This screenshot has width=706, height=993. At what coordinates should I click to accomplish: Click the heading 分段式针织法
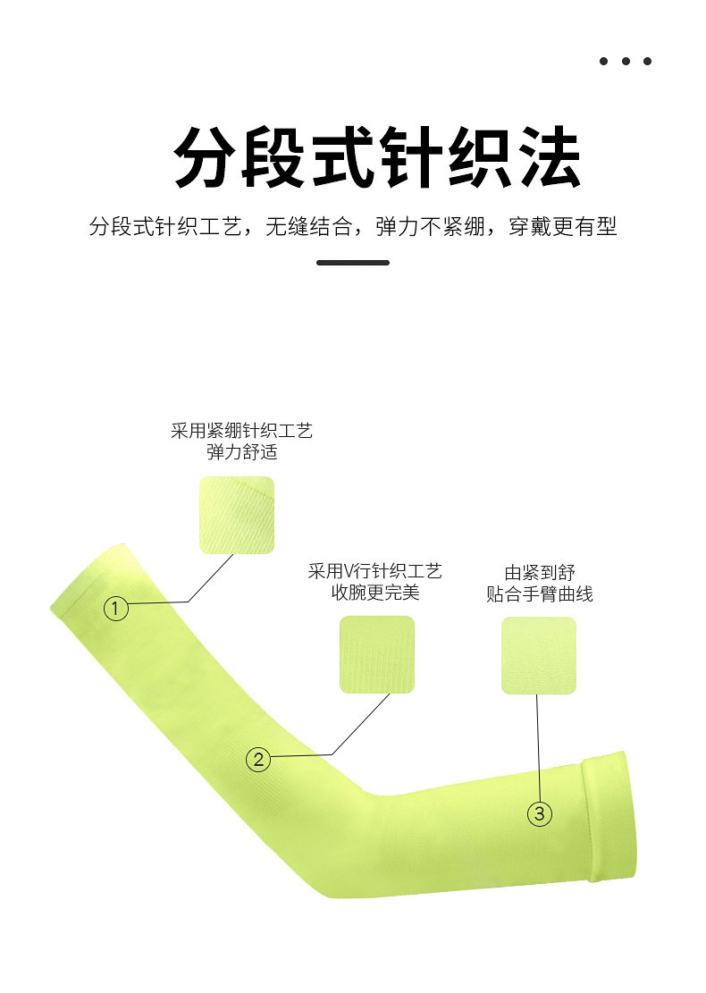376,157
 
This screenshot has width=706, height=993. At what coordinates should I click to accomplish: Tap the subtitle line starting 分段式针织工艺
353,226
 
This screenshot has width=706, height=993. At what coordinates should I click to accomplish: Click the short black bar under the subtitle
353,263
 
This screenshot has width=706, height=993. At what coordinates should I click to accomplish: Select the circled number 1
116,609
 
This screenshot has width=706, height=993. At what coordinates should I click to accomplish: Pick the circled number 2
258,760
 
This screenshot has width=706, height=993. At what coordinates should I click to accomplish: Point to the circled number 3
539,813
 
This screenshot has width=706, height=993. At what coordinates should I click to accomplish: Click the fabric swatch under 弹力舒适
236,515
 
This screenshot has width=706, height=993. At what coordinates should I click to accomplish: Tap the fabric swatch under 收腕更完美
376,654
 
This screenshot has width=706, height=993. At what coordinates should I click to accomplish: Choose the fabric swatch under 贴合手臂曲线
538,655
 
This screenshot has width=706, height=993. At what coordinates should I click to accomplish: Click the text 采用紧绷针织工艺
241,431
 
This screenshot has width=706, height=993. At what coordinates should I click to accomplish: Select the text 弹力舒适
241,452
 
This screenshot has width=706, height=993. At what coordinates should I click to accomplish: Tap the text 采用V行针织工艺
375,571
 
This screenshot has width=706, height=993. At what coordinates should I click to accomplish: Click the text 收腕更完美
375,593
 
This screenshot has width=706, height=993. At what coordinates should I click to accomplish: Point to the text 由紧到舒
539,572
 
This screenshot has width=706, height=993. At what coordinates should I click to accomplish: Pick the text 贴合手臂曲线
539,593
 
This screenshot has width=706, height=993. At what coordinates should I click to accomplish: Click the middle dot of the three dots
626,61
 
